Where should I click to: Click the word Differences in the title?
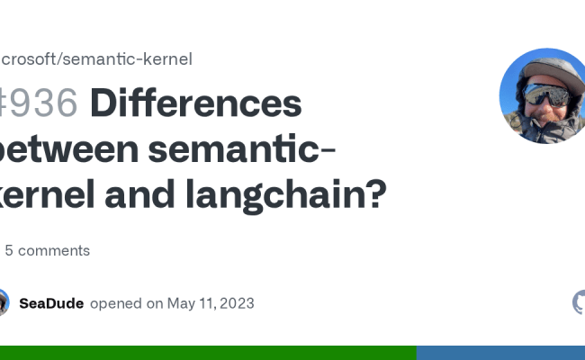[x=195, y=105]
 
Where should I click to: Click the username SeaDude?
[x=51, y=303]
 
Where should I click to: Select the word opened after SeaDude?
[x=114, y=303]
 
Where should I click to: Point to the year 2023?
[x=235, y=303]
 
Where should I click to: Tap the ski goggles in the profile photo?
[x=545, y=94]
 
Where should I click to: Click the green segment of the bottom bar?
[x=207, y=352]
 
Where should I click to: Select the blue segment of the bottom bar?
[x=500, y=352]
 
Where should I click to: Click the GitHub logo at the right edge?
[x=580, y=302]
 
